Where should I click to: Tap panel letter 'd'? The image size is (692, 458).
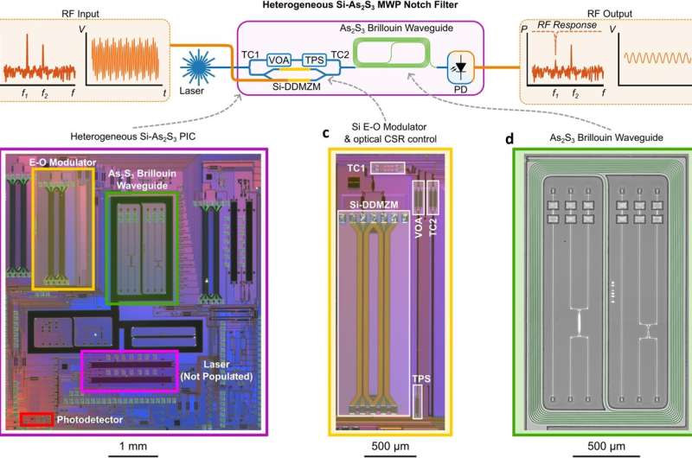(x=518, y=134)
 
